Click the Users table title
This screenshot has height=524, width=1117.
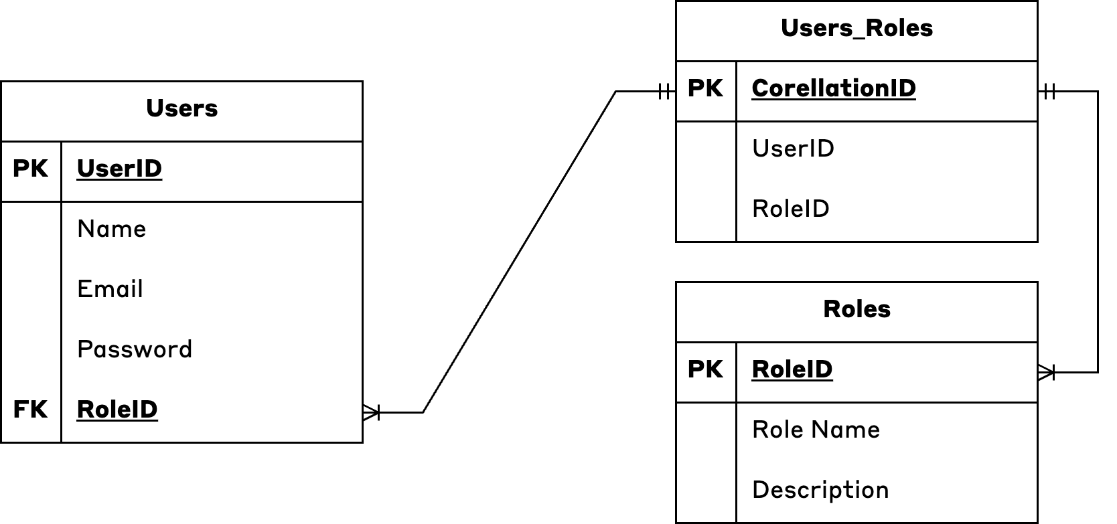tap(181, 108)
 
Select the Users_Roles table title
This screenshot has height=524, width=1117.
tap(857, 28)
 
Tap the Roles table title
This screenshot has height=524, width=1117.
tap(857, 309)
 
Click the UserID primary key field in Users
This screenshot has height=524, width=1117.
tap(119, 169)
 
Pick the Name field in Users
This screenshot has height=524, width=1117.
tap(111, 229)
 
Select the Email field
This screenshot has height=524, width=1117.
tap(110, 289)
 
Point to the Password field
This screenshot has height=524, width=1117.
tap(135, 349)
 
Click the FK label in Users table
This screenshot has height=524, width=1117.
tap(30, 410)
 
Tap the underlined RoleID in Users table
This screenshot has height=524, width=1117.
tap(117, 410)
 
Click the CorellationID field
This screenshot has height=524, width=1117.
tap(834, 88)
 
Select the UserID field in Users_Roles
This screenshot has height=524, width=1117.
tap(793, 149)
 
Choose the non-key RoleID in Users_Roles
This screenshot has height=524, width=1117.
tap(790, 209)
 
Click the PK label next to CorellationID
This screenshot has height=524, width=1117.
tap(705, 88)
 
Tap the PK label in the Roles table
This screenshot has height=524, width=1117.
tap(705, 369)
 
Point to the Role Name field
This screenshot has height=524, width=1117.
tap(816, 430)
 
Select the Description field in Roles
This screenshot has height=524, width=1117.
tap(820, 490)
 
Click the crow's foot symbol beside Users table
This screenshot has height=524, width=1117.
tap(372, 412)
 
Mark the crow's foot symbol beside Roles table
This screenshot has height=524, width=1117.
tap(1046, 372)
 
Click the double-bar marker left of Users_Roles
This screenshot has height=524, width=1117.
tap(665, 92)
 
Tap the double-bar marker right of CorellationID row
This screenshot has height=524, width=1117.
tap(1049, 92)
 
